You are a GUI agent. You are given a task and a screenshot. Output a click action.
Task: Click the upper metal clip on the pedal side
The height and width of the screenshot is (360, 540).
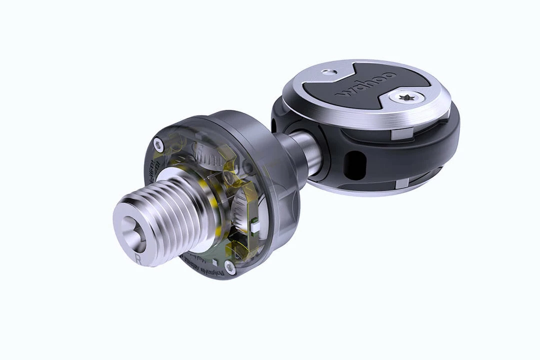tap(400, 133)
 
